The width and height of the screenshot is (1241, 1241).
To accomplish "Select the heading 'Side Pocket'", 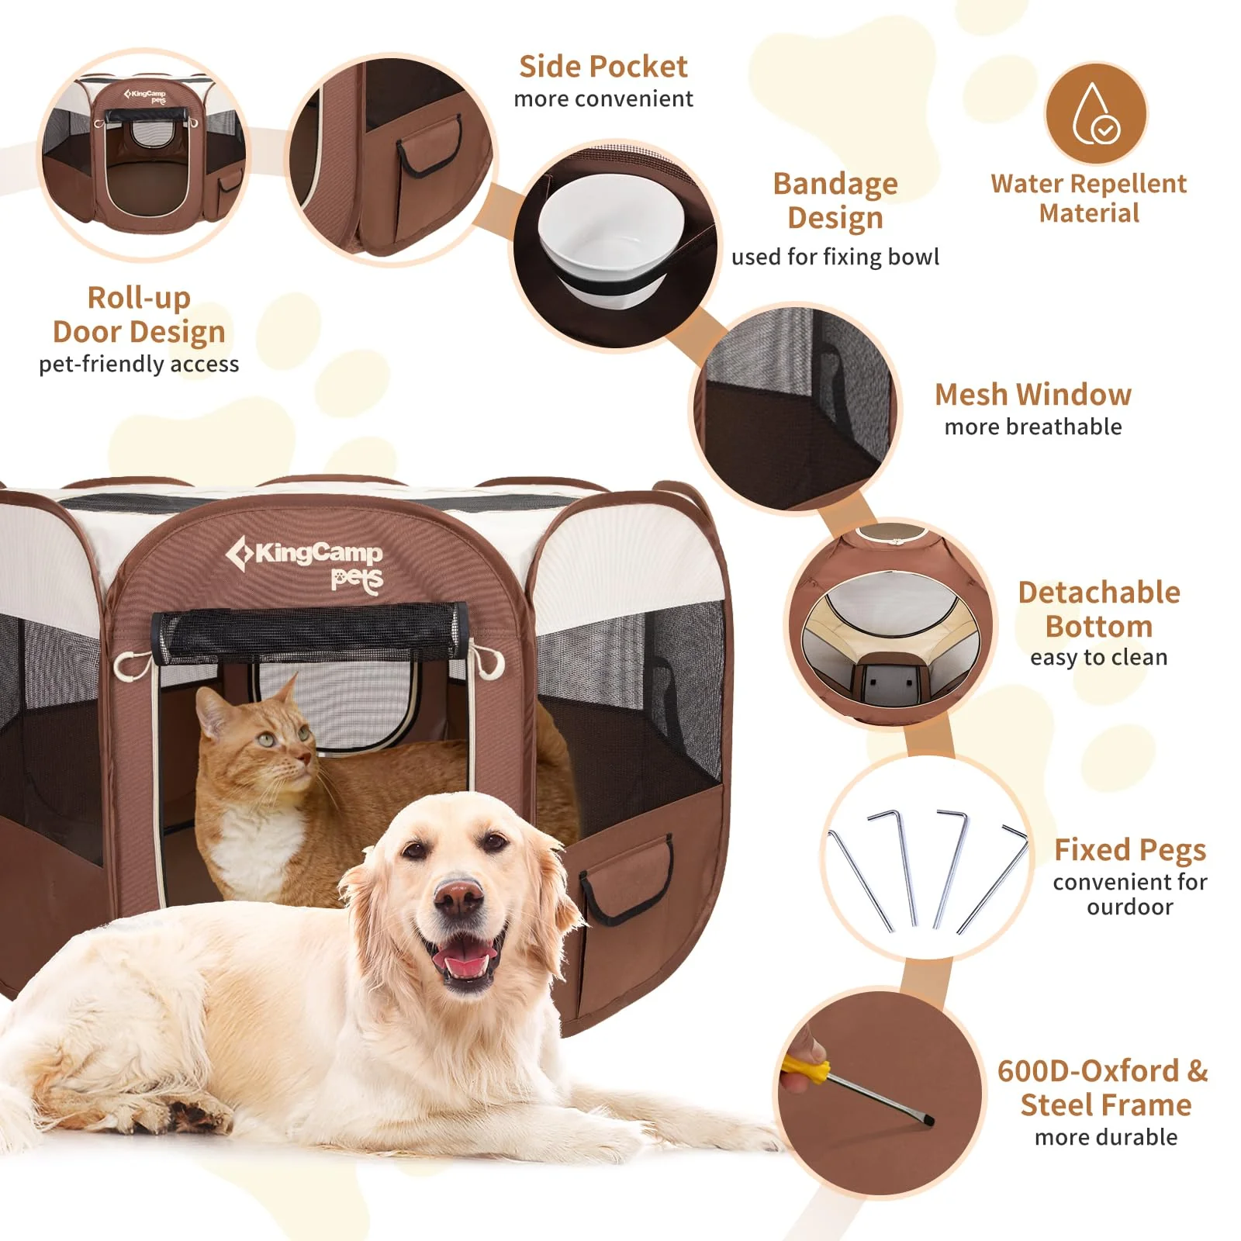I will pyautogui.click(x=603, y=67).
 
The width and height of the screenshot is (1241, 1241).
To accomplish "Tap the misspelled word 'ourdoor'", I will pyautogui.click(x=1129, y=907).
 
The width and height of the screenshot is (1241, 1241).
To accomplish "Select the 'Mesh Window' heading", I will pyautogui.click(x=1032, y=395).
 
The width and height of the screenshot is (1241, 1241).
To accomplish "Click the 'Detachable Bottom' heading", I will pyautogui.click(x=1098, y=609).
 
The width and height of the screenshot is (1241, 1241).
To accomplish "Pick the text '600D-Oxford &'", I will pyautogui.click(x=1102, y=1071).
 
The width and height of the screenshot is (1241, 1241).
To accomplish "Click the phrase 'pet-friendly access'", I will pyautogui.click(x=139, y=364).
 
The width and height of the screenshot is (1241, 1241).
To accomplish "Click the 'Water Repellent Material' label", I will pyautogui.click(x=1088, y=198).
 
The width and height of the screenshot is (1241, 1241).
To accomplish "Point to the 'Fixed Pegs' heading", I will pyautogui.click(x=1129, y=850).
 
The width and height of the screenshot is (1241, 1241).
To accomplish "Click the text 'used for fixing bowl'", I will pyautogui.click(x=835, y=257).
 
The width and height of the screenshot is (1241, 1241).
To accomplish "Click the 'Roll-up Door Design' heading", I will pyautogui.click(x=139, y=314).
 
